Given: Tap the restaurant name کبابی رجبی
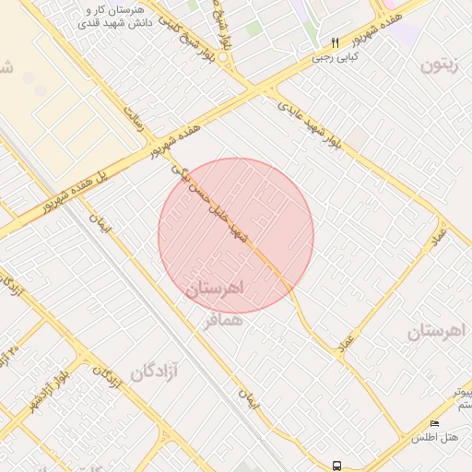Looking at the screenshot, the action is (334, 57).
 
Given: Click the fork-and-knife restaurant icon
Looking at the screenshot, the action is (335, 42).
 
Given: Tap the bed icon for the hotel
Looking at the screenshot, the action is (435, 423).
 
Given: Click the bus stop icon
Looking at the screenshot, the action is (337, 466).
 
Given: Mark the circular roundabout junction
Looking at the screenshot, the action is (224, 55).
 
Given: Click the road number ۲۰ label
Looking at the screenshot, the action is (13, 350).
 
